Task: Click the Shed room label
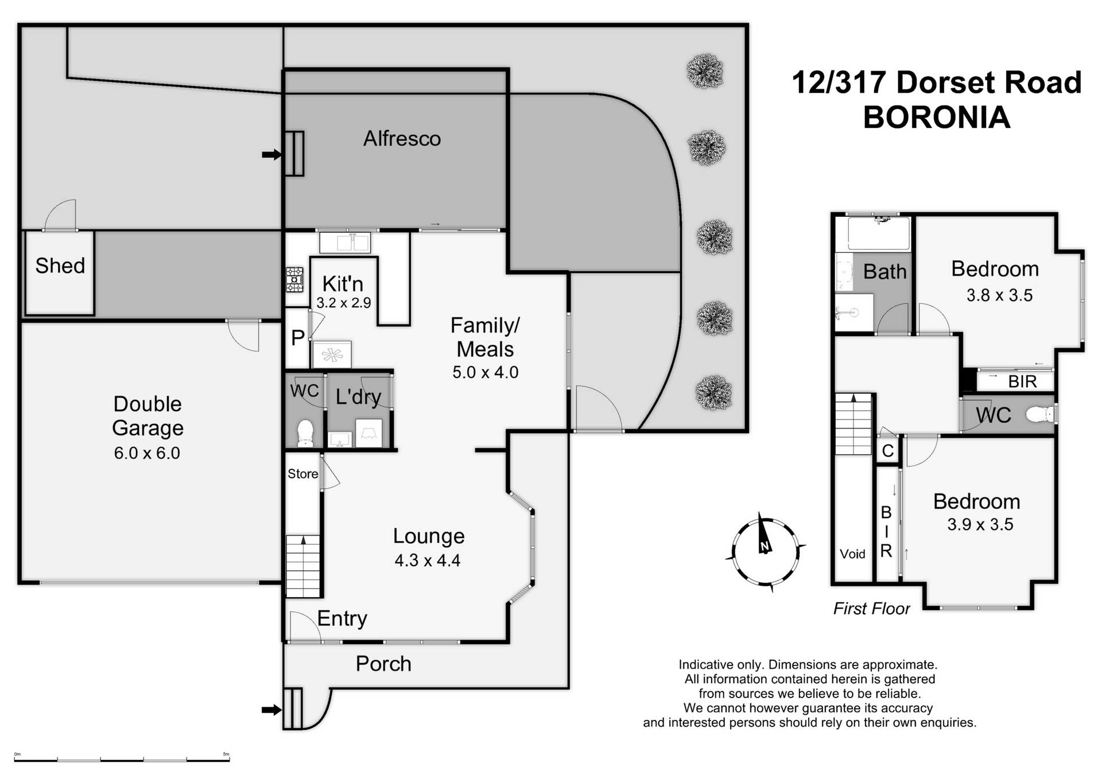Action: pyautogui.click(x=60, y=266)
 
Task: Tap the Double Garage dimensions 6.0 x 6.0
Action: pyautogui.click(x=147, y=453)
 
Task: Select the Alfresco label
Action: pyautogui.click(x=402, y=139)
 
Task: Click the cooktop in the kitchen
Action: pyautogui.click(x=295, y=279)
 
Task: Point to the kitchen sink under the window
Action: pyautogui.click(x=344, y=243)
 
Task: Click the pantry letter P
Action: pyautogui.click(x=297, y=338)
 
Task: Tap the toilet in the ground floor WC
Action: pyautogui.click(x=305, y=433)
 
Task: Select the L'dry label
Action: pyautogui.click(x=358, y=396)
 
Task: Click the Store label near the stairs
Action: pyautogui.click(x=302, y=474)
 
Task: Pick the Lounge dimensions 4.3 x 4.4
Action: pyautogui.click(x=428, y=560)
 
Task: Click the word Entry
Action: pyautogui.click(x=342, y=618)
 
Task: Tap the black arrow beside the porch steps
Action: pyautogui.click(x=271, y=710)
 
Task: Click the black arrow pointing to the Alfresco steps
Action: pyautogui.click(x=271, y=154)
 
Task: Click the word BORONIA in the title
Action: pyautogui.click(x=936, y=118)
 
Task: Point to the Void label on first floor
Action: pyautogui.click(x=852, y=554)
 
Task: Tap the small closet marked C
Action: pyautogui.click(x=887, y=451)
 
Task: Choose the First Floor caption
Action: pyautogui.click(x=871, y=609)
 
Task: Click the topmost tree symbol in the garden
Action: pyautogui.click(x=705, y=71)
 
